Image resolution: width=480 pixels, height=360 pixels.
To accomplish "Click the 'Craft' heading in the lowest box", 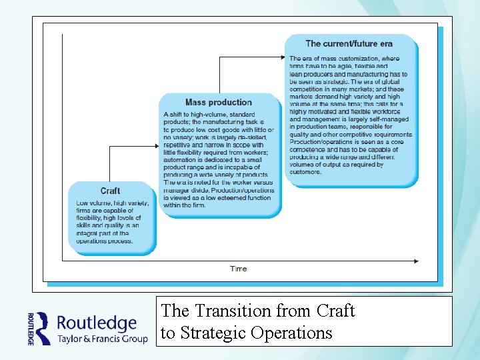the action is pos(111,191).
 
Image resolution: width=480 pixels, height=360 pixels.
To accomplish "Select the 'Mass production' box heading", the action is pos(219,103).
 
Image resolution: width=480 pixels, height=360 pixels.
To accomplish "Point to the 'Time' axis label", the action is pos(238,269).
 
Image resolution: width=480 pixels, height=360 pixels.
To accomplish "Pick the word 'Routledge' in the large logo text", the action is pos(97,323).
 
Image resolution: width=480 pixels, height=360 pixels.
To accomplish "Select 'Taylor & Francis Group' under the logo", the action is pos(102,339).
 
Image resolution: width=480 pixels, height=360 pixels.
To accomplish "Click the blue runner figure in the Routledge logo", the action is pos(43,328).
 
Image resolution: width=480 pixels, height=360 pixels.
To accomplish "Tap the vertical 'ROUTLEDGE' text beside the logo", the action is pos(31,328).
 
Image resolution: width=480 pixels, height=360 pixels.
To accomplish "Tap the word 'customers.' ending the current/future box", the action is pos(306,172).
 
